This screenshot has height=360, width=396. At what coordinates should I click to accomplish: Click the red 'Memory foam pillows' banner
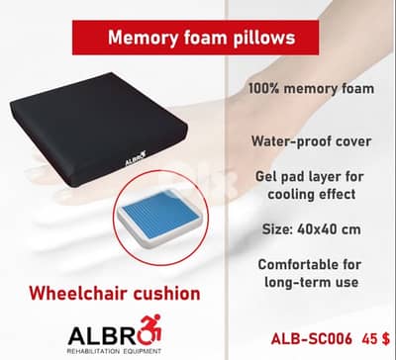[x=197, y=40]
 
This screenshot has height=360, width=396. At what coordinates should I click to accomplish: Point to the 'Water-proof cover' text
[x=314, y=141]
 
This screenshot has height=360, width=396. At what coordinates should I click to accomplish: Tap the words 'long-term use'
[x=313, y=284]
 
